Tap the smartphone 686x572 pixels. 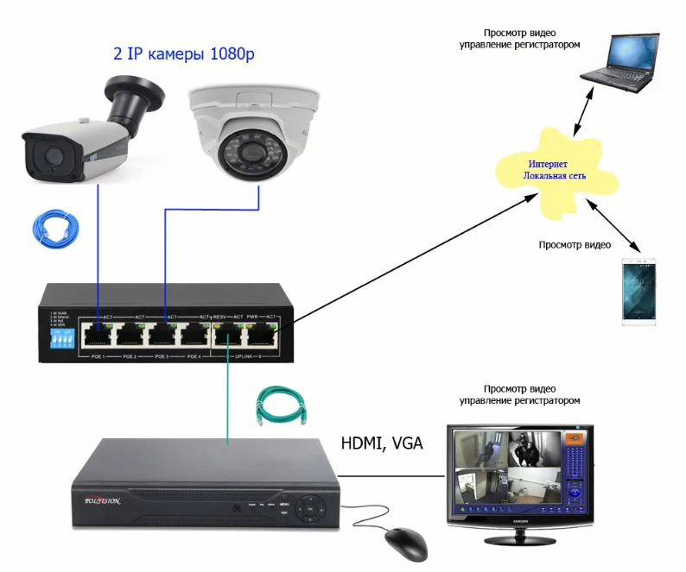(639, 291)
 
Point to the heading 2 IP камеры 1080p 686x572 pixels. (185, 54)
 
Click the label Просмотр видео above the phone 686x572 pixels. (575, 245)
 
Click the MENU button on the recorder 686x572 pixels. (284, 501)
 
